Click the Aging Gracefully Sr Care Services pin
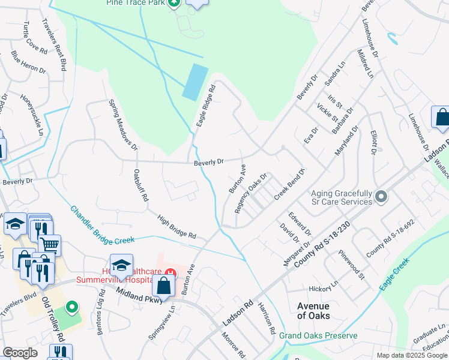pyautogui.click(x=380, y=196)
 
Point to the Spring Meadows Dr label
pyautogui.click(x=123, y=124)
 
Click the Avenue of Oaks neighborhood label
pyautogui.click(x=313, y=310)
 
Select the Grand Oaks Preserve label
pyautogui.click(x=318, y=335)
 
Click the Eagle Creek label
pyautogui.click(x=394, y=275)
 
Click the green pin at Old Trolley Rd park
pyautogui.click(x=72, y=308)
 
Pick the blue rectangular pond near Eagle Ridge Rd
pyautogui.click(x=194, y=82)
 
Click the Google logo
pyautogui.click(x=20, y=353)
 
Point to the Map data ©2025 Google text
pyautogui.click(x=411, y=355)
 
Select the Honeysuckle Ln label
pyautogui.click(x=32, y=113)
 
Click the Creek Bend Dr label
pyautogui.click(x=290, y=184)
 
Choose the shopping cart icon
pyautogui.click(x=49, y=244)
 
